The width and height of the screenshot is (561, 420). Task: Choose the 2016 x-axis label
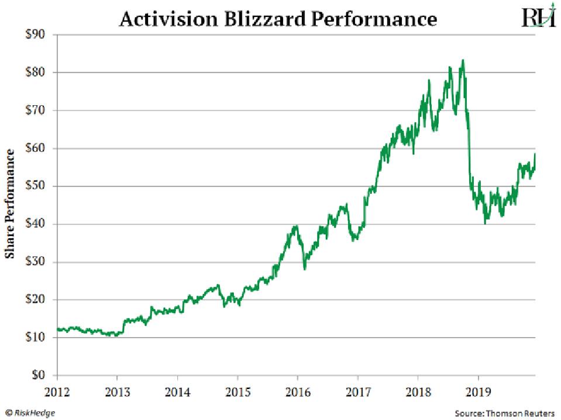click(x=298, y=390)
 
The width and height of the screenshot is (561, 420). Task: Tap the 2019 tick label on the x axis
click(x=479, y=390)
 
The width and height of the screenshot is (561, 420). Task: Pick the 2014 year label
click(x=177, y=390)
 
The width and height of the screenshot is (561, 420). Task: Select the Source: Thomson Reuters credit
click(x=504, y=412)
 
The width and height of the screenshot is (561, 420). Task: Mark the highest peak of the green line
click(x=463, y=60)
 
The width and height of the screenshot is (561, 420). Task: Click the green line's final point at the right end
click(x=535, y=154)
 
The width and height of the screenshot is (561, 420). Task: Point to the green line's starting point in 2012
click(x=57, y=329)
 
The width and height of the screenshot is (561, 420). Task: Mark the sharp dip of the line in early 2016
click(x=304, y=269)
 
